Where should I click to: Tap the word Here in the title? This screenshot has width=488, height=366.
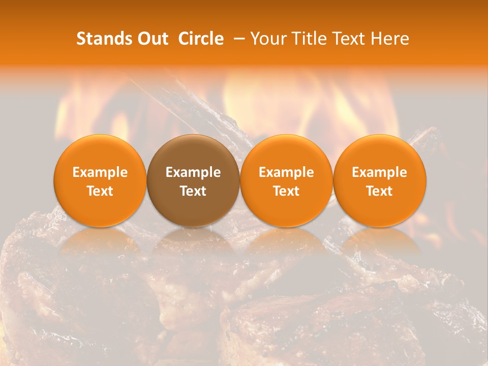click(x=390, y=39)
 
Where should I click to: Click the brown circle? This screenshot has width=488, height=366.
click(x=193, y=180)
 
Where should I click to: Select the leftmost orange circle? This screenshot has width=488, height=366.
click(x=100, y=180)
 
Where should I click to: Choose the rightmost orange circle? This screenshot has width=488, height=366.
click(x=380, y=180)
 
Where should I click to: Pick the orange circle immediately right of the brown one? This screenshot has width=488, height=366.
click(x=286, y=180)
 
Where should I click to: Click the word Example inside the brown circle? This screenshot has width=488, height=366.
click(x=193, y=172)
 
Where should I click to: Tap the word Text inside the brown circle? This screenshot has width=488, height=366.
click(x=193, y=191)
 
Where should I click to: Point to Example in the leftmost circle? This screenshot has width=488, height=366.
click(x=100, y=172)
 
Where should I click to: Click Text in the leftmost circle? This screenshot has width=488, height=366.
click(x=100, y=191)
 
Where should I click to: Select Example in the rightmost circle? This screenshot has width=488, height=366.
click(x=380, y=172)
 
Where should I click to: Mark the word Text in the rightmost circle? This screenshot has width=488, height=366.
click(x=380, y=191)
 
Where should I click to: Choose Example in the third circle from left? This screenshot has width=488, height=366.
click(x=286, y=172)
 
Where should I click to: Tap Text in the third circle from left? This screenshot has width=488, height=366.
click(x=286, y=191)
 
